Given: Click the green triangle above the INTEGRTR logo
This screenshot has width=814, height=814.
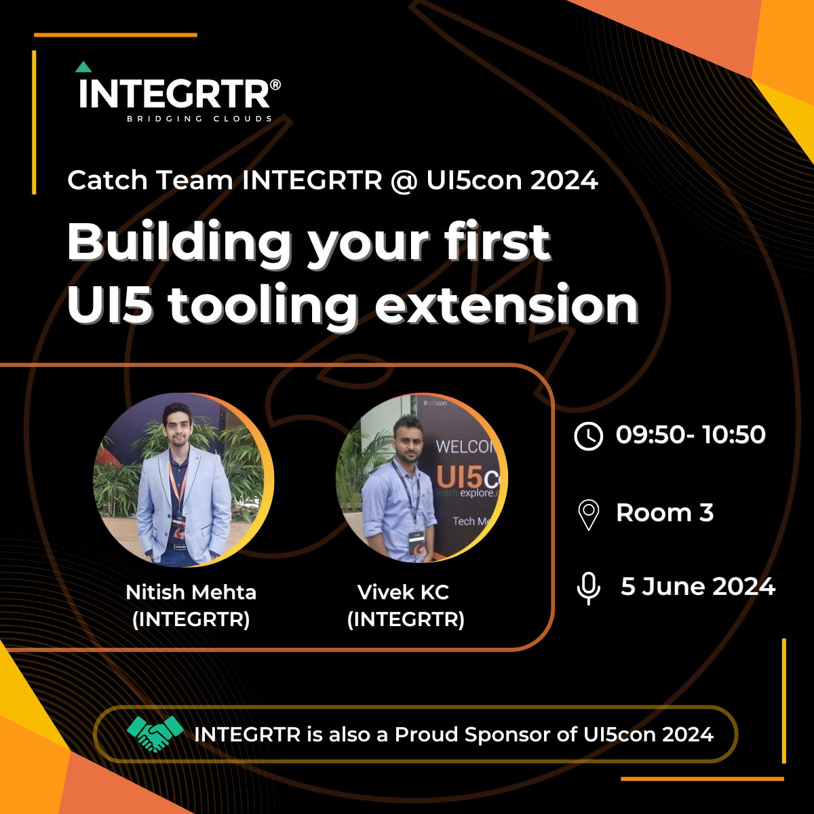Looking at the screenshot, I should (x=83, y=67).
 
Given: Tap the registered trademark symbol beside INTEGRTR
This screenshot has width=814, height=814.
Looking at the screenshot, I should (x=275, y=85).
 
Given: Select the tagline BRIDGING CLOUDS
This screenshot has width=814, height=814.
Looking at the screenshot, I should (x=200, y=119).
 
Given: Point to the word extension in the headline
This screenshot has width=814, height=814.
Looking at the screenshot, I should (x=507, y=307).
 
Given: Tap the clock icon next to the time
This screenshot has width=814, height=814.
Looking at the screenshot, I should (x=588, y=435).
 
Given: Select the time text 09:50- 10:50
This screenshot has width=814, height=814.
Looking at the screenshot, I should (x=691, y=434).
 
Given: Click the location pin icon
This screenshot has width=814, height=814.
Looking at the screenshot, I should (x=588, y=514).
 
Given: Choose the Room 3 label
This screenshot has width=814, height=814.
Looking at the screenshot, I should (x=665, y=513).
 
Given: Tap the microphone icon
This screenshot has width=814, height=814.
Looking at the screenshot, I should (x=588, y=587).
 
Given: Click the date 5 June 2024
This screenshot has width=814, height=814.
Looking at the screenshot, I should (x=698, y=586).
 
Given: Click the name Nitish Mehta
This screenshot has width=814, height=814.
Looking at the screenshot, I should (x=191, y=592).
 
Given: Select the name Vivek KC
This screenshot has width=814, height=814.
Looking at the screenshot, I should (x=403, y=592).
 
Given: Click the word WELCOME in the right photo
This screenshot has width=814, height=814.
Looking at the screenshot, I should (x=467, y=448).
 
